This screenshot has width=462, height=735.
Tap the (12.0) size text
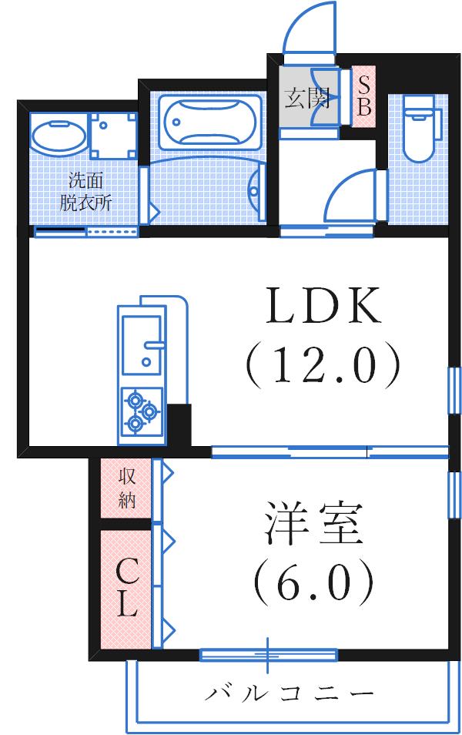tap(323, 364)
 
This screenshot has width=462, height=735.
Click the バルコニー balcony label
tap(290, 693)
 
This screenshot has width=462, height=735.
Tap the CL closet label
tap(127, 589)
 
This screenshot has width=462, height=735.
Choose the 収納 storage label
tap(127, 488)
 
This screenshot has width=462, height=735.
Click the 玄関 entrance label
tap(308, 99)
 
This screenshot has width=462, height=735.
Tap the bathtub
tap(206, 119)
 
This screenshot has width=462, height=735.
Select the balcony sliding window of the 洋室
tap(268, 655)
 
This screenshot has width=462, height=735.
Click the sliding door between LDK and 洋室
tap(330, 452)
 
